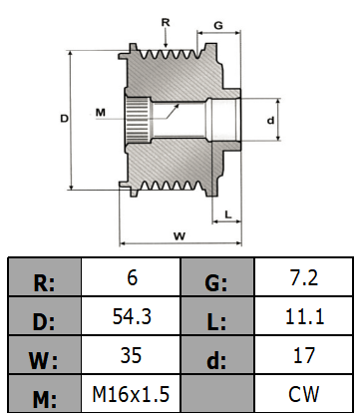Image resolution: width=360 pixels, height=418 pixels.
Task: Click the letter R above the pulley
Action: coord(166,23)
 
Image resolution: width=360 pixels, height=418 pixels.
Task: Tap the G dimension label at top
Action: coord(218,25)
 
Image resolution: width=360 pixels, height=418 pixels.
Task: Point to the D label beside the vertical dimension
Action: coord(64,118)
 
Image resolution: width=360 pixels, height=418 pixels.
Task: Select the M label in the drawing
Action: coord(101,113)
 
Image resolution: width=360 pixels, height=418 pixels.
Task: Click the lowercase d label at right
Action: coord(271,120)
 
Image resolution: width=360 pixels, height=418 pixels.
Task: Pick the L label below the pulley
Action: coord(228,214)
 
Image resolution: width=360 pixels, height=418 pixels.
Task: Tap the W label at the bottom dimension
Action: coord(180,236)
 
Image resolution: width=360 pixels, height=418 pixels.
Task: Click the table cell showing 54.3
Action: coord(131,316)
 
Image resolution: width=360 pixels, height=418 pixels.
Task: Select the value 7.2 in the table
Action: coord(304,277)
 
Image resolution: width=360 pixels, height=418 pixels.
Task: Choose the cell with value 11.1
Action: coord(304,316)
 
